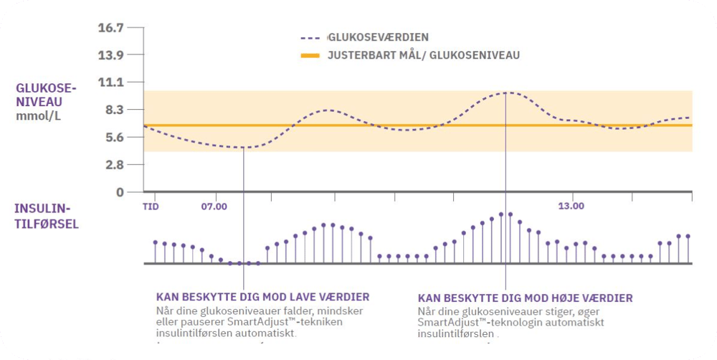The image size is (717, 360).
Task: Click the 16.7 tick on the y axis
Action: point(110,28)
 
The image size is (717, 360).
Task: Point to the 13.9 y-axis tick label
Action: point(110,55)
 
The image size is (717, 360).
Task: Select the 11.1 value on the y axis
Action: point(110,82)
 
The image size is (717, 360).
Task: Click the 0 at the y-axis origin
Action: point(120,192)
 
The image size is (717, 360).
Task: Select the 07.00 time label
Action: point(214,207)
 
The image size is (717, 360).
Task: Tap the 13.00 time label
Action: point(571,207)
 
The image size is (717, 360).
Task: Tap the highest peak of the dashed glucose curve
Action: point(506,93)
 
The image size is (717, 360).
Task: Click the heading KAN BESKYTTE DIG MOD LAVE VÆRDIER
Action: point(262,297)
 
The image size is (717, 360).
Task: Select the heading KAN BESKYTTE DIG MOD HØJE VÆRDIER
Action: point(525,297)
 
